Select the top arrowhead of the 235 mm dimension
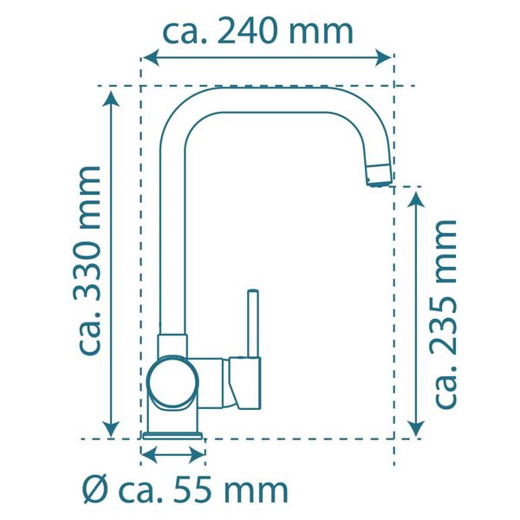click(417, 198)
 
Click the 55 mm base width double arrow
click(172, 454)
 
